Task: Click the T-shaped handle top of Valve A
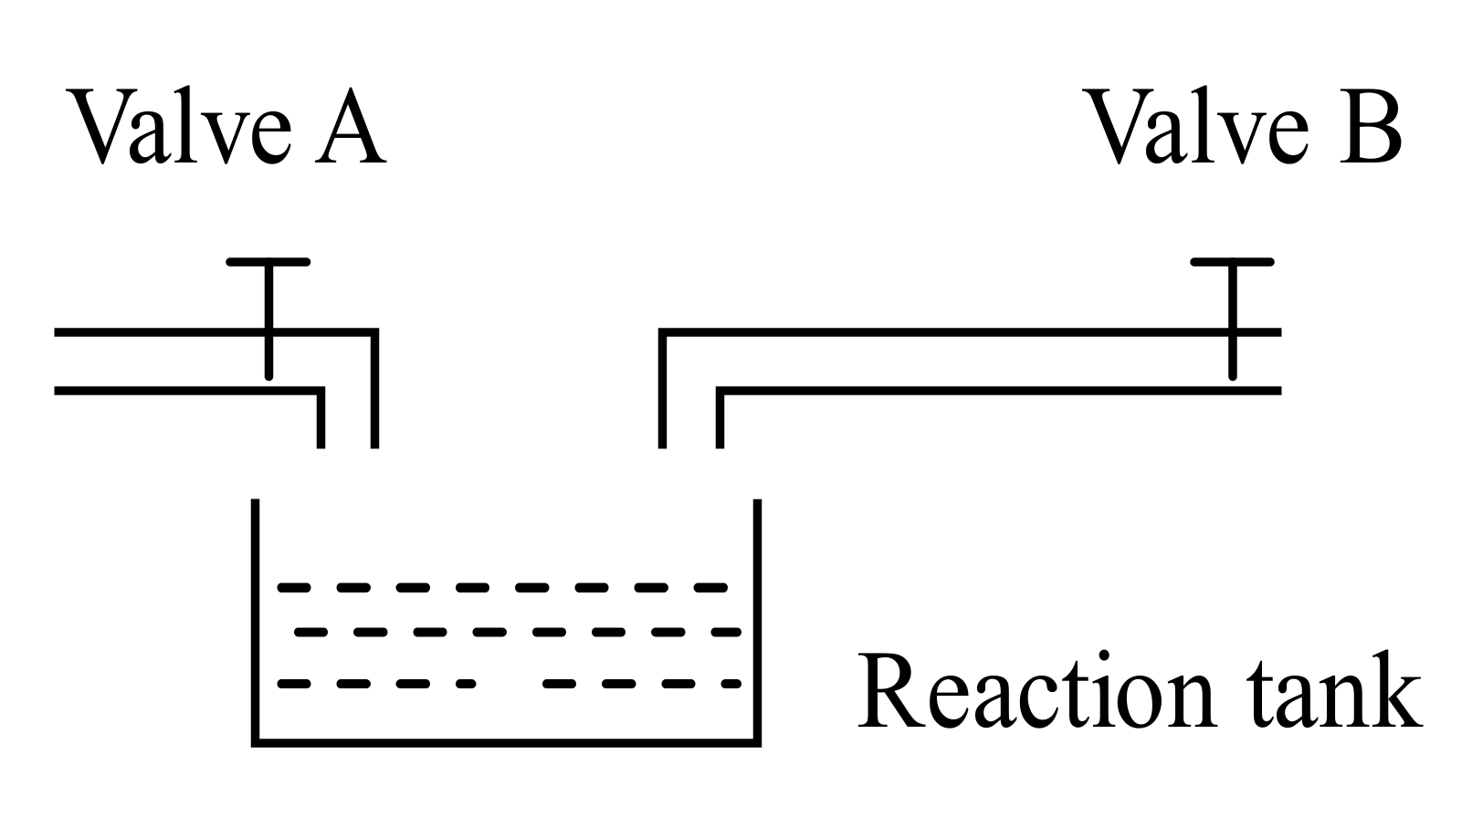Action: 268,262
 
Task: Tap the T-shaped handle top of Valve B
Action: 1233,262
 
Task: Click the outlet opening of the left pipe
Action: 347,446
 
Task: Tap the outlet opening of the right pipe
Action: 691,446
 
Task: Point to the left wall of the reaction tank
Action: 256,621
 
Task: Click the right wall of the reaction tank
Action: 756,621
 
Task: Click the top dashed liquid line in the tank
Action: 502,587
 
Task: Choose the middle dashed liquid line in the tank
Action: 516,631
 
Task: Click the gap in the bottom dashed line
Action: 509,683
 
